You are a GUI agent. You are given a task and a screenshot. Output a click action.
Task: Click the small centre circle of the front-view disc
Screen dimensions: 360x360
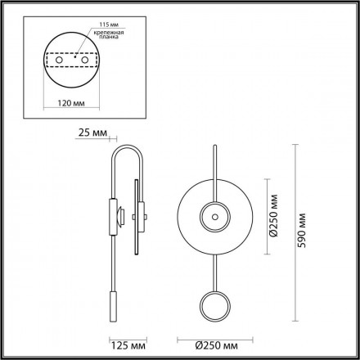(216, 218)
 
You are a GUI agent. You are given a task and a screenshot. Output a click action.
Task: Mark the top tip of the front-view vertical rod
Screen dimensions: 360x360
(216, 147)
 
